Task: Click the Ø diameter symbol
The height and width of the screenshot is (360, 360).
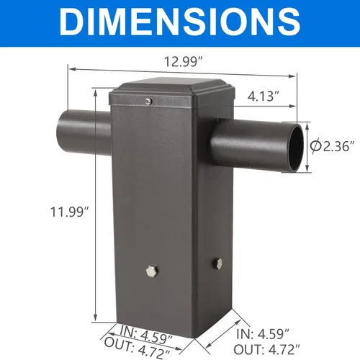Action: tap(315, 147)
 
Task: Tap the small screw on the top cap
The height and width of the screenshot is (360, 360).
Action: tap(149, 101)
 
